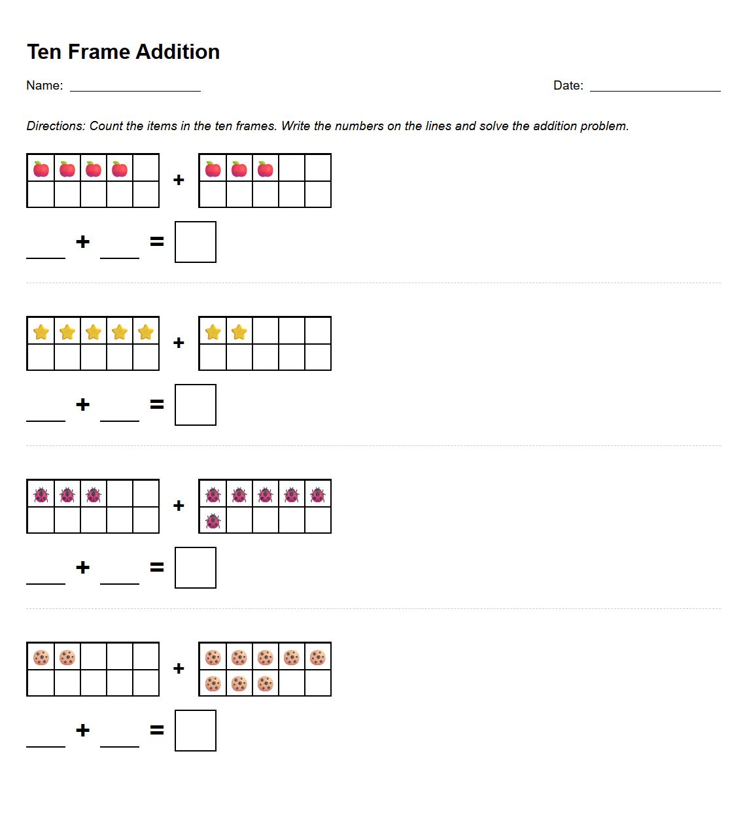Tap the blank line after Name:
[135, 88]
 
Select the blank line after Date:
[655, 88]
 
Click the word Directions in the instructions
[55, 126]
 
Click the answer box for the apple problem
[196, 242]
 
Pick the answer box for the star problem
[196, 405]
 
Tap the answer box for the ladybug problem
[196, 568]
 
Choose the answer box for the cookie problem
[196, 731]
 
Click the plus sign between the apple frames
[179, 180]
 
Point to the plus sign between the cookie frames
[179, 668]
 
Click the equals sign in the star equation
[157, 405]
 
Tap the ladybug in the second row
[213, 521]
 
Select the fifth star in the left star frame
[146, 332]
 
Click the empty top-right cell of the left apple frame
[146, 168]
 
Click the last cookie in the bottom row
[265, 683]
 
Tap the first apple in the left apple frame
[41, 169]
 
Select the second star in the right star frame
[239, 332]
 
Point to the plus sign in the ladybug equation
[82, 567]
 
